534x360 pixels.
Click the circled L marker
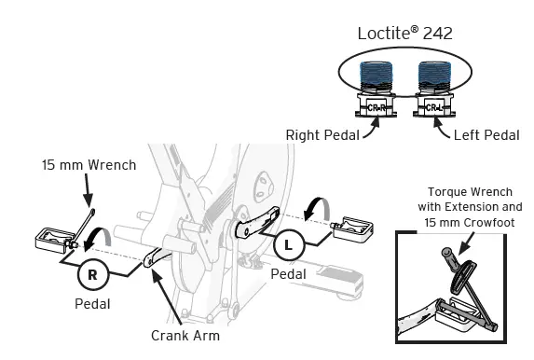(289, 246)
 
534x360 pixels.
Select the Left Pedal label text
(486, 135)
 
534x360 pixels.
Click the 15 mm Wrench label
(89, 165)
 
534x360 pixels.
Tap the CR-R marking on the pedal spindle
(377, 107)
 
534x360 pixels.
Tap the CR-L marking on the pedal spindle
(435, 107)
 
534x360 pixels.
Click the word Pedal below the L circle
(289, 275)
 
